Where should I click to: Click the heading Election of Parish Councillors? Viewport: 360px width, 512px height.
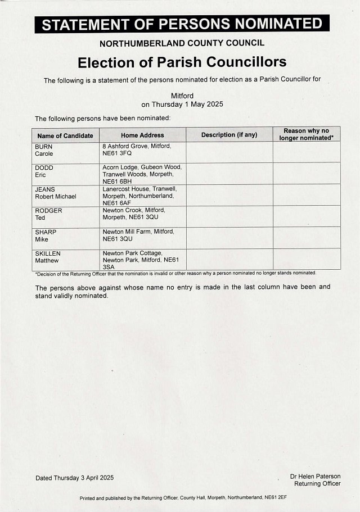182,61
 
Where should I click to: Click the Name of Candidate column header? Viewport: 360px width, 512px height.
65,135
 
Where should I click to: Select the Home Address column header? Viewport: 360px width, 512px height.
142,135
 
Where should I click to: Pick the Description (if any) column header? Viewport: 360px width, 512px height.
229,135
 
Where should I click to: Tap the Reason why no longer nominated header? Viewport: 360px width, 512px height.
307,134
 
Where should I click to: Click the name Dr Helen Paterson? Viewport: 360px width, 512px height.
315,477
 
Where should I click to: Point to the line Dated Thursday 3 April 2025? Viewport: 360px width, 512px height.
74,478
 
